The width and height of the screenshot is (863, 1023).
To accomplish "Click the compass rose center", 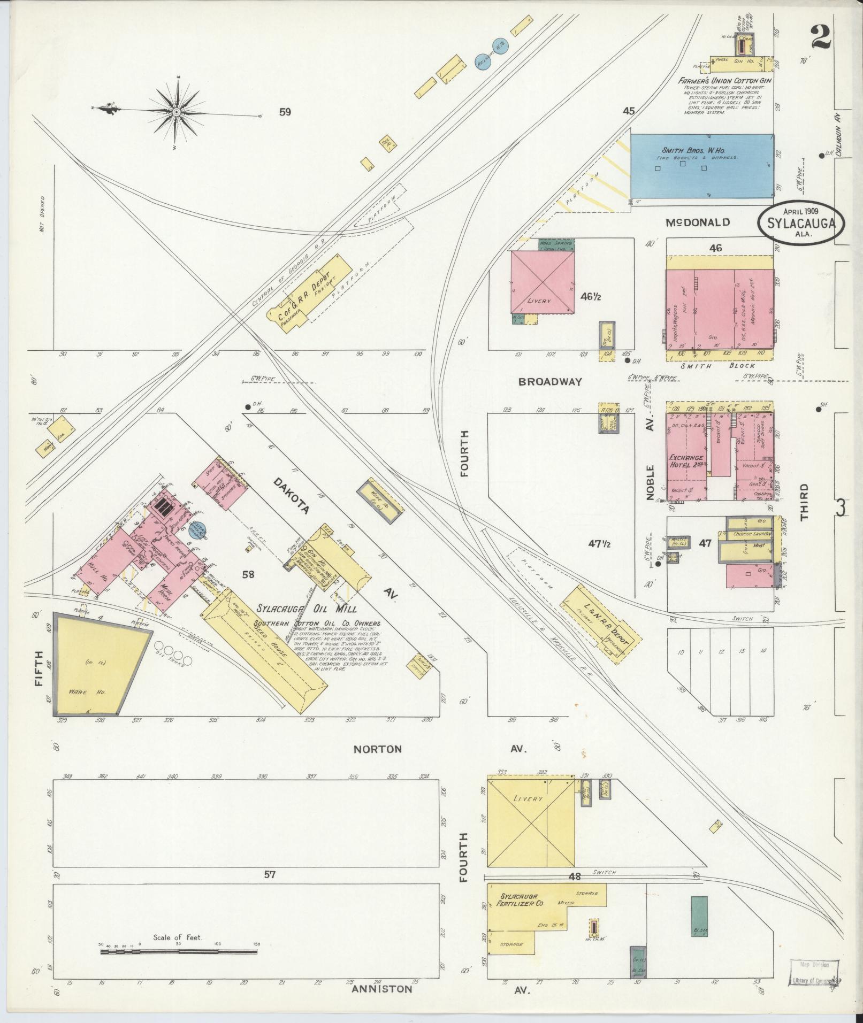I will pos(176,112).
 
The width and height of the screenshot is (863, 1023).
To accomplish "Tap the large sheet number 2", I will pos(821,38).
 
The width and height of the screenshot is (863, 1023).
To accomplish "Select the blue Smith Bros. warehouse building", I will pos(701,165).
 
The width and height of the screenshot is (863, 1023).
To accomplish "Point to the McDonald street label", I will pos(698,222).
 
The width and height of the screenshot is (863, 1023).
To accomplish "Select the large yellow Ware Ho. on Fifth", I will pos(96,666).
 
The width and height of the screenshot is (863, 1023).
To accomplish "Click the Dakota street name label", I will pos(292,496).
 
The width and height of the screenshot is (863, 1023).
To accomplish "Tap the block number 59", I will pos(285,112).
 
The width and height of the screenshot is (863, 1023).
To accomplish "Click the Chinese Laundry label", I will pos(747,534).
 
